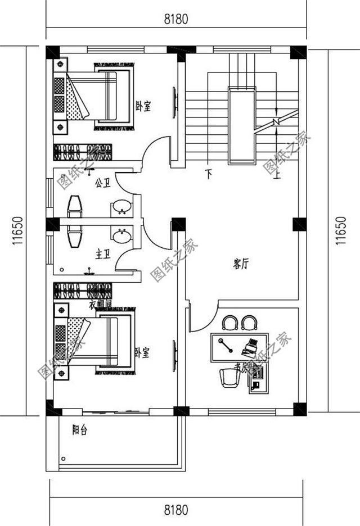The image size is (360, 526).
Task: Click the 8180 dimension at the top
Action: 175,19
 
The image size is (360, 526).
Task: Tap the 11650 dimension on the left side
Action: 17,232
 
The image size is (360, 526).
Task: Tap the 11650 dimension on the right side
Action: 341,232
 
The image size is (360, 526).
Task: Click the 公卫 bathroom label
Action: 102,183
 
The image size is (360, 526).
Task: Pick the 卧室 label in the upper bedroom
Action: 143,105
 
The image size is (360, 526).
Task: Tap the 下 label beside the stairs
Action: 209,173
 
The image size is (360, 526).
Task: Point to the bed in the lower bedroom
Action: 98,341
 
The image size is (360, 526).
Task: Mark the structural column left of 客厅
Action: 179,224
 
